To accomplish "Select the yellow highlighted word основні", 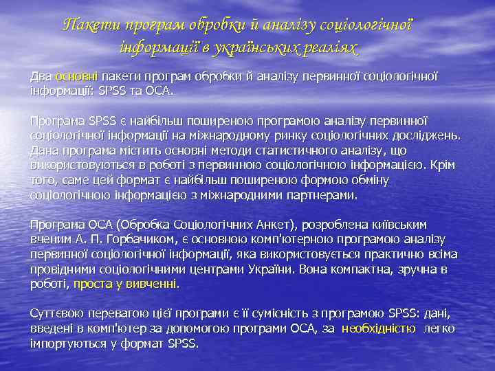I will click(78, 77).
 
